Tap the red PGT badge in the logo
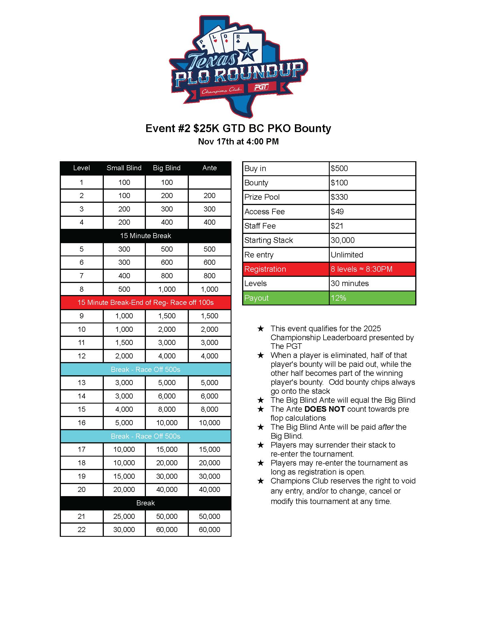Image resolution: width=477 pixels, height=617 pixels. [261, 87]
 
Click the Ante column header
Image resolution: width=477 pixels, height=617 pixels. [209, 168]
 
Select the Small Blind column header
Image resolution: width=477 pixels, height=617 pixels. [124, 168]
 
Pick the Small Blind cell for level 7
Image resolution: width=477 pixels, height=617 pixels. [124, 276]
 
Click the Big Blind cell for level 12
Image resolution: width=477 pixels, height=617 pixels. [167, 356]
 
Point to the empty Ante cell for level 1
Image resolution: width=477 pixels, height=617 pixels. [209, 182]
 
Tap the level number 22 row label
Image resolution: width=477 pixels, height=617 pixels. [81, 529]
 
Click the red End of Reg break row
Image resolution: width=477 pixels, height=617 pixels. [146, 303]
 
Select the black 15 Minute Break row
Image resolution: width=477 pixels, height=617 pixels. [146, 236]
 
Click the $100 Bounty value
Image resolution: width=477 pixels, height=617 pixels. [340, 183]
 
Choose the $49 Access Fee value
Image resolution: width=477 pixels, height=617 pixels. [337, 211]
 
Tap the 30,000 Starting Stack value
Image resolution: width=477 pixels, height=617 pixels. [343, 240]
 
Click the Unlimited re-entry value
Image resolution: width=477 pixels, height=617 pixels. [347, 255]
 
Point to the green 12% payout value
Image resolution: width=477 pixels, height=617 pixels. [338, 298]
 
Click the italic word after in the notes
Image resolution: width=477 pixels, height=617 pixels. [386, 427]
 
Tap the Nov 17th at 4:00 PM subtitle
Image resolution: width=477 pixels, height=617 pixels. [238, 142]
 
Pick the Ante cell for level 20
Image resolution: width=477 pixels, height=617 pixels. [209, 490]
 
